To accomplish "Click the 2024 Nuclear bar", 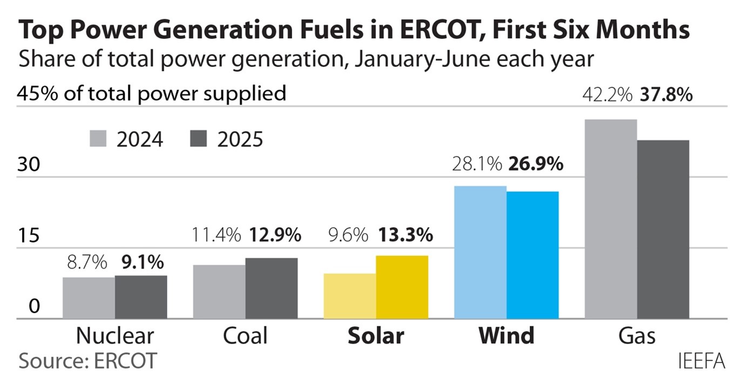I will coord(89,298).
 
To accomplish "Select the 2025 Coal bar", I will coord(271,288).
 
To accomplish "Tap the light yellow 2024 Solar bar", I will coord(349,296).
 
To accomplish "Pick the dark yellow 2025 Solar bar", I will coord(402,287).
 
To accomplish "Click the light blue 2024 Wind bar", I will coord(480,252).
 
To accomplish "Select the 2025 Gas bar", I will coord(663,229).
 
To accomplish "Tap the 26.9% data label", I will coord(536,163).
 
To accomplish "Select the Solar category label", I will coord(375,336).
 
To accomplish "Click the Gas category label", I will coord(637,336).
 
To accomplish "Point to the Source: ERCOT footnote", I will coord(87,360).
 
